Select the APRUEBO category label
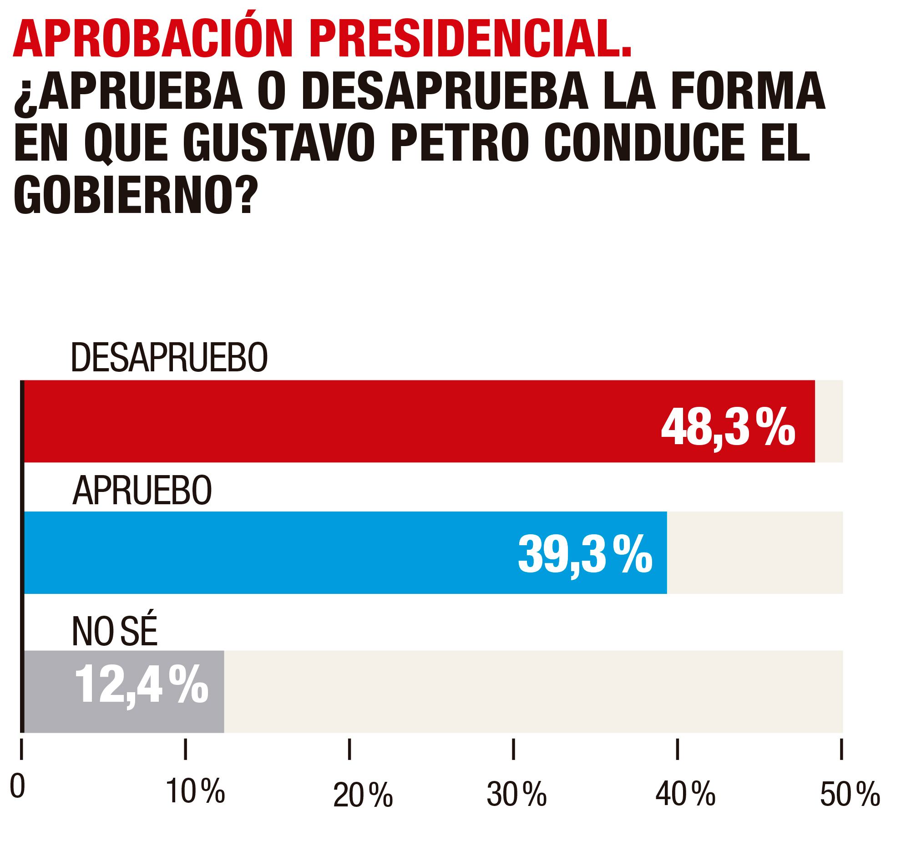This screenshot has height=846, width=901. click(x=142, y=490)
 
